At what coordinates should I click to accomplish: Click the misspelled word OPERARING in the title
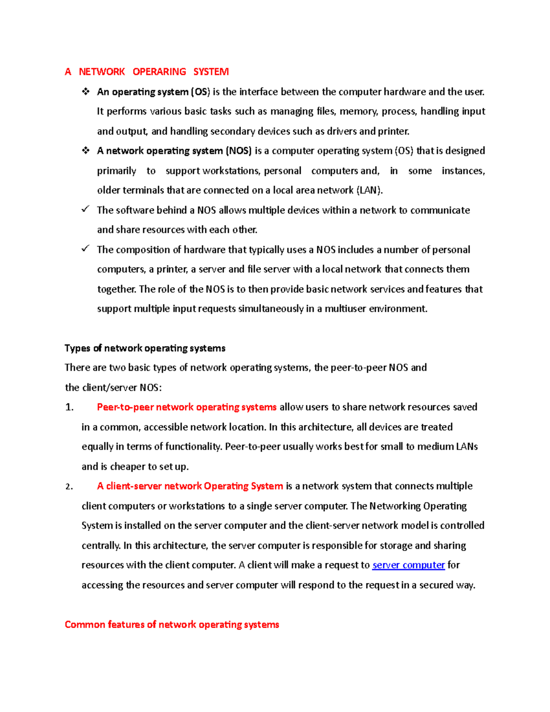[x=159, y=72]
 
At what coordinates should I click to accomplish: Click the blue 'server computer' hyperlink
[x=408, y=565]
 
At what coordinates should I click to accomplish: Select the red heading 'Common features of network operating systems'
[x=172, y=624]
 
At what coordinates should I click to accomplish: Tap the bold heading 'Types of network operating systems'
[x=145, y=348]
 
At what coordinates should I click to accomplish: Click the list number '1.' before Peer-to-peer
[x=69, y=407]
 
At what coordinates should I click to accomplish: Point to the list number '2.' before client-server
[x=69, y=486]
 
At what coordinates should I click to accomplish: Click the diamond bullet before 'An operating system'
[x=86, y=92]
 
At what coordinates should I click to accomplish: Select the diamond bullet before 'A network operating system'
[x=86, y=150]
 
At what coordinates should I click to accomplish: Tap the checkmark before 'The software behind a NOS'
[x=85, y=209]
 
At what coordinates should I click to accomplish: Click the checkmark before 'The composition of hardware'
[x=85, y=248]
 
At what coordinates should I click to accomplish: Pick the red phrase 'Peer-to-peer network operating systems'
[x=187, y=407]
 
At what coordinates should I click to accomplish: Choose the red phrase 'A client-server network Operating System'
[x=190, y=486]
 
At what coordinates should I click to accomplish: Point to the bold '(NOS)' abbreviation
[x=238, y=151]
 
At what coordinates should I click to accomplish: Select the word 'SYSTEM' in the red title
[x=211, y=72]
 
